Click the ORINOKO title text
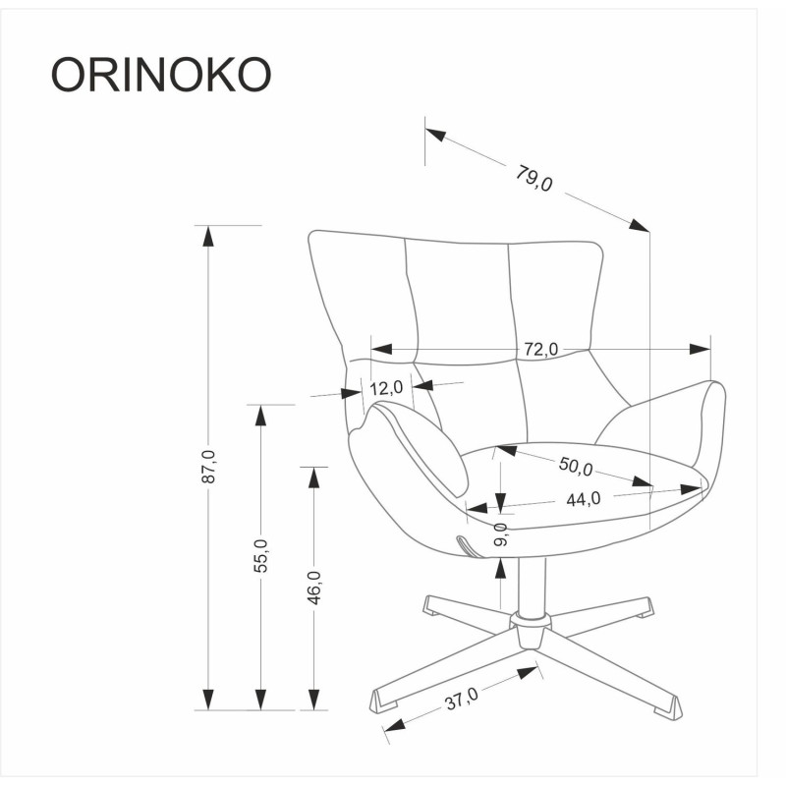click(x=160, y=75)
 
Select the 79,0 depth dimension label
click(x=534, y=177)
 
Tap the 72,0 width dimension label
click(x=540, y=349)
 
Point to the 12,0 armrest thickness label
click(x=387, y=388)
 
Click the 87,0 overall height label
click(x=207, y=468)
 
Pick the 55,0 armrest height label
click(x=260, y=556)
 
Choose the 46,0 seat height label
click(x=313, y=588)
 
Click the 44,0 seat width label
click(x=583, y=499)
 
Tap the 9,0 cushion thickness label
click(x=501, y=534)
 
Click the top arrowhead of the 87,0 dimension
click(x=207, y=236)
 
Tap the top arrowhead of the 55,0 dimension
click(x=260, y=415)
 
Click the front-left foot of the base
click(x=383, y=700)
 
